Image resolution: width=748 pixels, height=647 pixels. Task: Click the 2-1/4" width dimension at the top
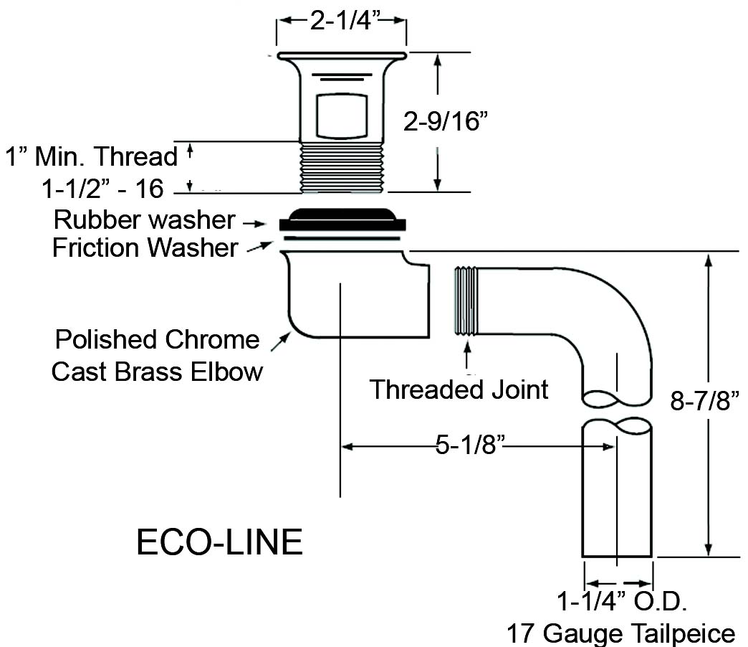coord(341,22)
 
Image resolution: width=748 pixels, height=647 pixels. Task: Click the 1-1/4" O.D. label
coord(623,601)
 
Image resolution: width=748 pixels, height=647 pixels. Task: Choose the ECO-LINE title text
coord(219,543)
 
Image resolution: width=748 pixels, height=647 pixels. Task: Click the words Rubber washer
coord(144,219)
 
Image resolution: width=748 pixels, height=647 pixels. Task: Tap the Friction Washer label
coord(145,248)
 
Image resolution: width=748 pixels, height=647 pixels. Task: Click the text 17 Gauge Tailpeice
coord(620,633)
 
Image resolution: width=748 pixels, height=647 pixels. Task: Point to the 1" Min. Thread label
coord(92,156)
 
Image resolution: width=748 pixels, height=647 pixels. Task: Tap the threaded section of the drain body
coord(342,167)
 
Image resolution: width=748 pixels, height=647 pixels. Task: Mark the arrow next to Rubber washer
coord(256,223)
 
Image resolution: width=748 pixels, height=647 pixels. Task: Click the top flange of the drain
coord(342,55)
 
